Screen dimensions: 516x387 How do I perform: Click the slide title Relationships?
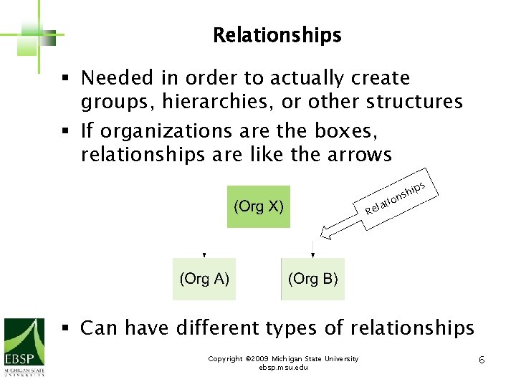pos(277,35)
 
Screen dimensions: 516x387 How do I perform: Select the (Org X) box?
pos(259,207)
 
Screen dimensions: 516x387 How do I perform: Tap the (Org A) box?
pos(204,279)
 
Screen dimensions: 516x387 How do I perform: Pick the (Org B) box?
pos(312,279)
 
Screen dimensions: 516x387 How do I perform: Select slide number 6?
pos(482,359)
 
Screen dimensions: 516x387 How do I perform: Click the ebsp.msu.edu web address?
pos(283,367)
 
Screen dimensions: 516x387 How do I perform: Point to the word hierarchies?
pos(214,102)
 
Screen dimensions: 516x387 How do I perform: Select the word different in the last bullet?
pos(232,328)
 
